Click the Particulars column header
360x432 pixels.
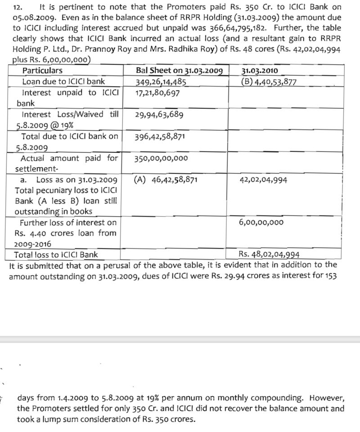(x=42, y=71)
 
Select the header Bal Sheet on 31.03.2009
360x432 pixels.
(x=180, y=71)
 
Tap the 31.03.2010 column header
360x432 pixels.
(x=260, y=71)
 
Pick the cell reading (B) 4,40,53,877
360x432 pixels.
(x=269, y=82)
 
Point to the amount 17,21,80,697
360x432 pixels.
(x=157, y=93)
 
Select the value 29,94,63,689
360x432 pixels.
(x=159, y=115)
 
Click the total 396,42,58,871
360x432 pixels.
(x=159, y=136)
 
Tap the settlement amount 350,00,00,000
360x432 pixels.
(x=161, y=158)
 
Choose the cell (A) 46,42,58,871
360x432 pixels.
(x=166, y=180)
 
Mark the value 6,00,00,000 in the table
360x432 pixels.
(x=261, y=223)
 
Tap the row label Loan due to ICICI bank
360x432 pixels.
(x=63, y=82)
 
